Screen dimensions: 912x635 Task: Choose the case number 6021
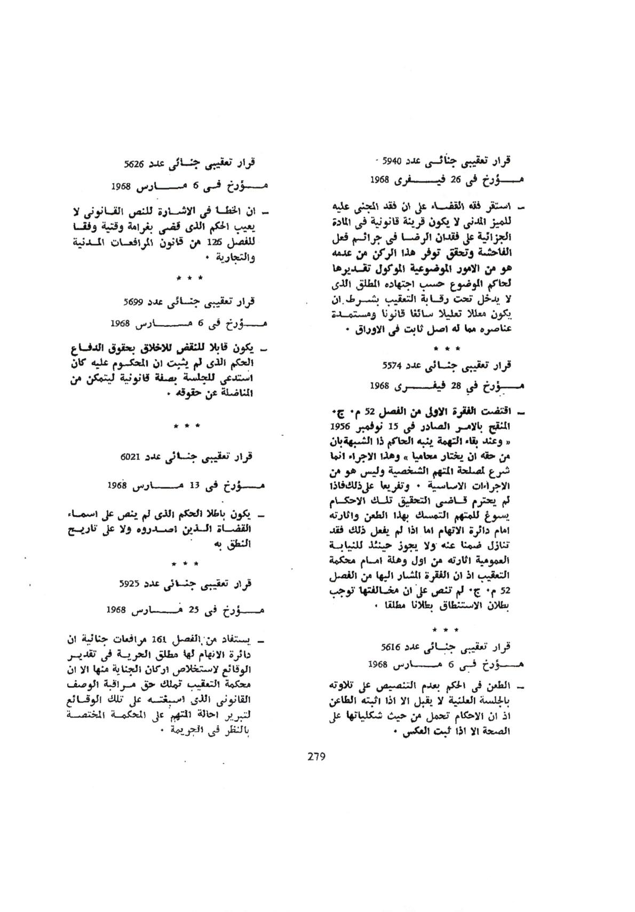(x=131, y=458)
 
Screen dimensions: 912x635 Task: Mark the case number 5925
(x=130, y=584)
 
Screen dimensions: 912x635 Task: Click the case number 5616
(x=392, y=647)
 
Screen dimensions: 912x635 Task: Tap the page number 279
(x=317, y=756)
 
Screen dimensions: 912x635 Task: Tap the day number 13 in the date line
(x=194, y=486)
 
